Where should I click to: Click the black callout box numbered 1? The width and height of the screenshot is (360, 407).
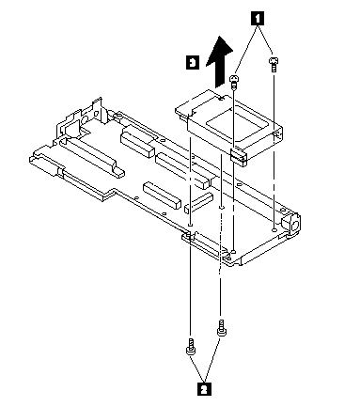pyautogui.click(x=257, y=19)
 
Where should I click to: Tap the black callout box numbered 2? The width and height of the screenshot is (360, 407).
pyautogui.click(x=204, y=388)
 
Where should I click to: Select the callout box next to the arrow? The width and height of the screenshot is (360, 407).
pyautogui.click(x=193, y=62)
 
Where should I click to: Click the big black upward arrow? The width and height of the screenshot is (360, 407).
pyautogui.click(x=220, y=61)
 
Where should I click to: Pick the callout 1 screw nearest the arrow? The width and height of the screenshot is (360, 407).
pyautogui.click(x=234, y=81)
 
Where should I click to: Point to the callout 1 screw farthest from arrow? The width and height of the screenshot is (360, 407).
pyautogui.click(x=274, y=64)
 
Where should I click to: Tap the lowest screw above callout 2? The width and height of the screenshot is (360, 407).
pyautogui.click(x=190, y=347)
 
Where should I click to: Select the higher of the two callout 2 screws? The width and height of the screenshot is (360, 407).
pyautogui.click(x=222, y=328)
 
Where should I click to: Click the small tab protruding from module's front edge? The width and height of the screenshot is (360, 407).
pyautogui.click(x=239, y=157)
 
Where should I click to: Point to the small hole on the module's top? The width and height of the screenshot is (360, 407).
pyautogui.click(x=222, y=99)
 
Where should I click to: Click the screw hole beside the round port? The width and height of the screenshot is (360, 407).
pyautogui.click(x=274, y=230)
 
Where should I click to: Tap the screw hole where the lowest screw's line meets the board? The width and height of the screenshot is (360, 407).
pyautogui.click(x=190, y=225)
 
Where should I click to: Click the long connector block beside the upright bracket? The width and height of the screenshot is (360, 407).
pyautogui.click(x=92, y=157)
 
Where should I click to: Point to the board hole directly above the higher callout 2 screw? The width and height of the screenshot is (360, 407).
pyautogui.click(x=222, y=207)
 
